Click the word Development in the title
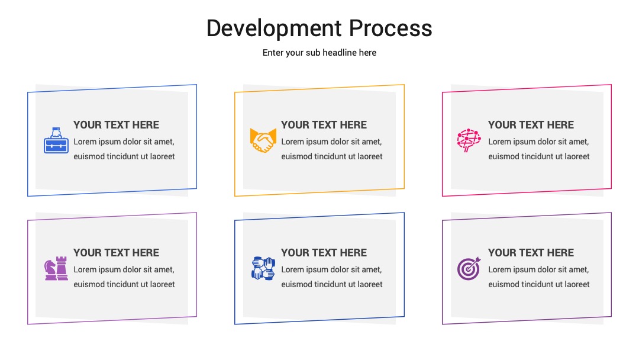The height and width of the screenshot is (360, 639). [x=274, y=28]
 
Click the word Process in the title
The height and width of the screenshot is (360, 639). [x=390, y=28]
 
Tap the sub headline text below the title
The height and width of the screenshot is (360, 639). [x=319, y=53]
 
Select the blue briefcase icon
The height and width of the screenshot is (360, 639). [x=56, y=140]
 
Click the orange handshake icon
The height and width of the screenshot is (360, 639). [x=263, y=141]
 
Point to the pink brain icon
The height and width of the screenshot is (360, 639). [x=469, y=140]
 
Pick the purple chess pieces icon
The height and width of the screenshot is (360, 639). [x=56, y=268]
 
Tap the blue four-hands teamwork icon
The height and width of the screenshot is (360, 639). [x=263, y=268]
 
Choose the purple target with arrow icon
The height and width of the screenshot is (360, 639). [x=469, y=269]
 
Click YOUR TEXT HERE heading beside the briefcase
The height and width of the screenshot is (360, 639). [x=116, y=125]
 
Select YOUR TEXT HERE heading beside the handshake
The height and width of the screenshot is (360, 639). [x=324, y=125]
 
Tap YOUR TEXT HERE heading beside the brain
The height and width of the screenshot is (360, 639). [x=531, y=125]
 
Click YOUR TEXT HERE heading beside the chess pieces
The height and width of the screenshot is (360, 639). [x=116, y=253]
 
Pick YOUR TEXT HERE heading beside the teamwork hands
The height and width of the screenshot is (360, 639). [x=324, y=253]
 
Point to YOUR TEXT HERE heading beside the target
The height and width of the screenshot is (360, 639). [x=531, y=253]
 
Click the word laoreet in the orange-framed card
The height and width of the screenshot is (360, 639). [x=370, y=156]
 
